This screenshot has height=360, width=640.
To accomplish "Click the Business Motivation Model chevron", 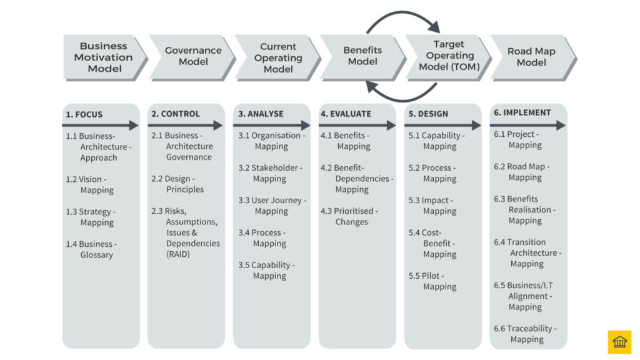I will click(x=104, y=57).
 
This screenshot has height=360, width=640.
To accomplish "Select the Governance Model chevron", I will click(x=192, y=56).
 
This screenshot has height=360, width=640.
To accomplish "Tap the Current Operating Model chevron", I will click(x=277, y=57).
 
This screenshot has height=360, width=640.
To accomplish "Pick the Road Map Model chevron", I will click(x=531, y=56).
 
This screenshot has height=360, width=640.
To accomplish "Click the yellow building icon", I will click(x=619, y=342).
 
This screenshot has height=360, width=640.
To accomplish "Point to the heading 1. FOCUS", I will click(x=84, y=114).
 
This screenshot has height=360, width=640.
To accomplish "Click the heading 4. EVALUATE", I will click(x=346, y=114).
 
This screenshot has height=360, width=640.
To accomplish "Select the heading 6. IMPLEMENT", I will click(x=522, y=112).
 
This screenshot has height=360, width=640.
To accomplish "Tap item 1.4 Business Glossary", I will click(x=91, y=249).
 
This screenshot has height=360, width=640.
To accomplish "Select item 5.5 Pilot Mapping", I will click(x=432, y=281).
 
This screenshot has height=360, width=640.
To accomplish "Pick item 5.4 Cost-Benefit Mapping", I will click(x=432, y=243).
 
